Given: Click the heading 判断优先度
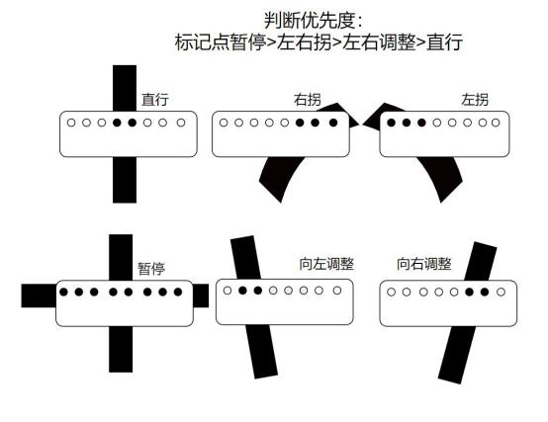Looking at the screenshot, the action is point(310,20).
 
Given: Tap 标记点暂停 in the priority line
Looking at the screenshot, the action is point(221,42).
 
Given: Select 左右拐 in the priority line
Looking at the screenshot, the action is point(304,42).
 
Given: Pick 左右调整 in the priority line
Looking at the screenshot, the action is point(379,42).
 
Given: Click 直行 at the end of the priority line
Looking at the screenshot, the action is point(444,42).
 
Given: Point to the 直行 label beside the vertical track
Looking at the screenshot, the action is point(155,100).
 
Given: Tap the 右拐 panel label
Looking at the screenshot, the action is point(308,100).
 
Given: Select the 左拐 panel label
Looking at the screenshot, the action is point(475,100).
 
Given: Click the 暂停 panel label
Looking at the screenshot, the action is point(151,269).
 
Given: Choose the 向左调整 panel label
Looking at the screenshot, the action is point(326,264).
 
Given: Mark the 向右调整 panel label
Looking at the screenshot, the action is point(424,264).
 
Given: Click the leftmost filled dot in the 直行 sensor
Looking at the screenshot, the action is point(117,123).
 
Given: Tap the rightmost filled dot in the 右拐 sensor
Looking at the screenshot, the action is point(333,123).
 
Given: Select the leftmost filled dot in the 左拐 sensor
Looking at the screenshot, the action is point(391,123).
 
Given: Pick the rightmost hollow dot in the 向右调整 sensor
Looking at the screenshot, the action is point(501,292).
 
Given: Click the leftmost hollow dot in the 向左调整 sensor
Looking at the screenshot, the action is point(228,291).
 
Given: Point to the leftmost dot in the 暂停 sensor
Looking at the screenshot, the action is point(63,292).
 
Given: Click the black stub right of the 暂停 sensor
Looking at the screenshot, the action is point(201,295).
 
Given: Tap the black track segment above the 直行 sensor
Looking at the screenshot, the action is point(125,88).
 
